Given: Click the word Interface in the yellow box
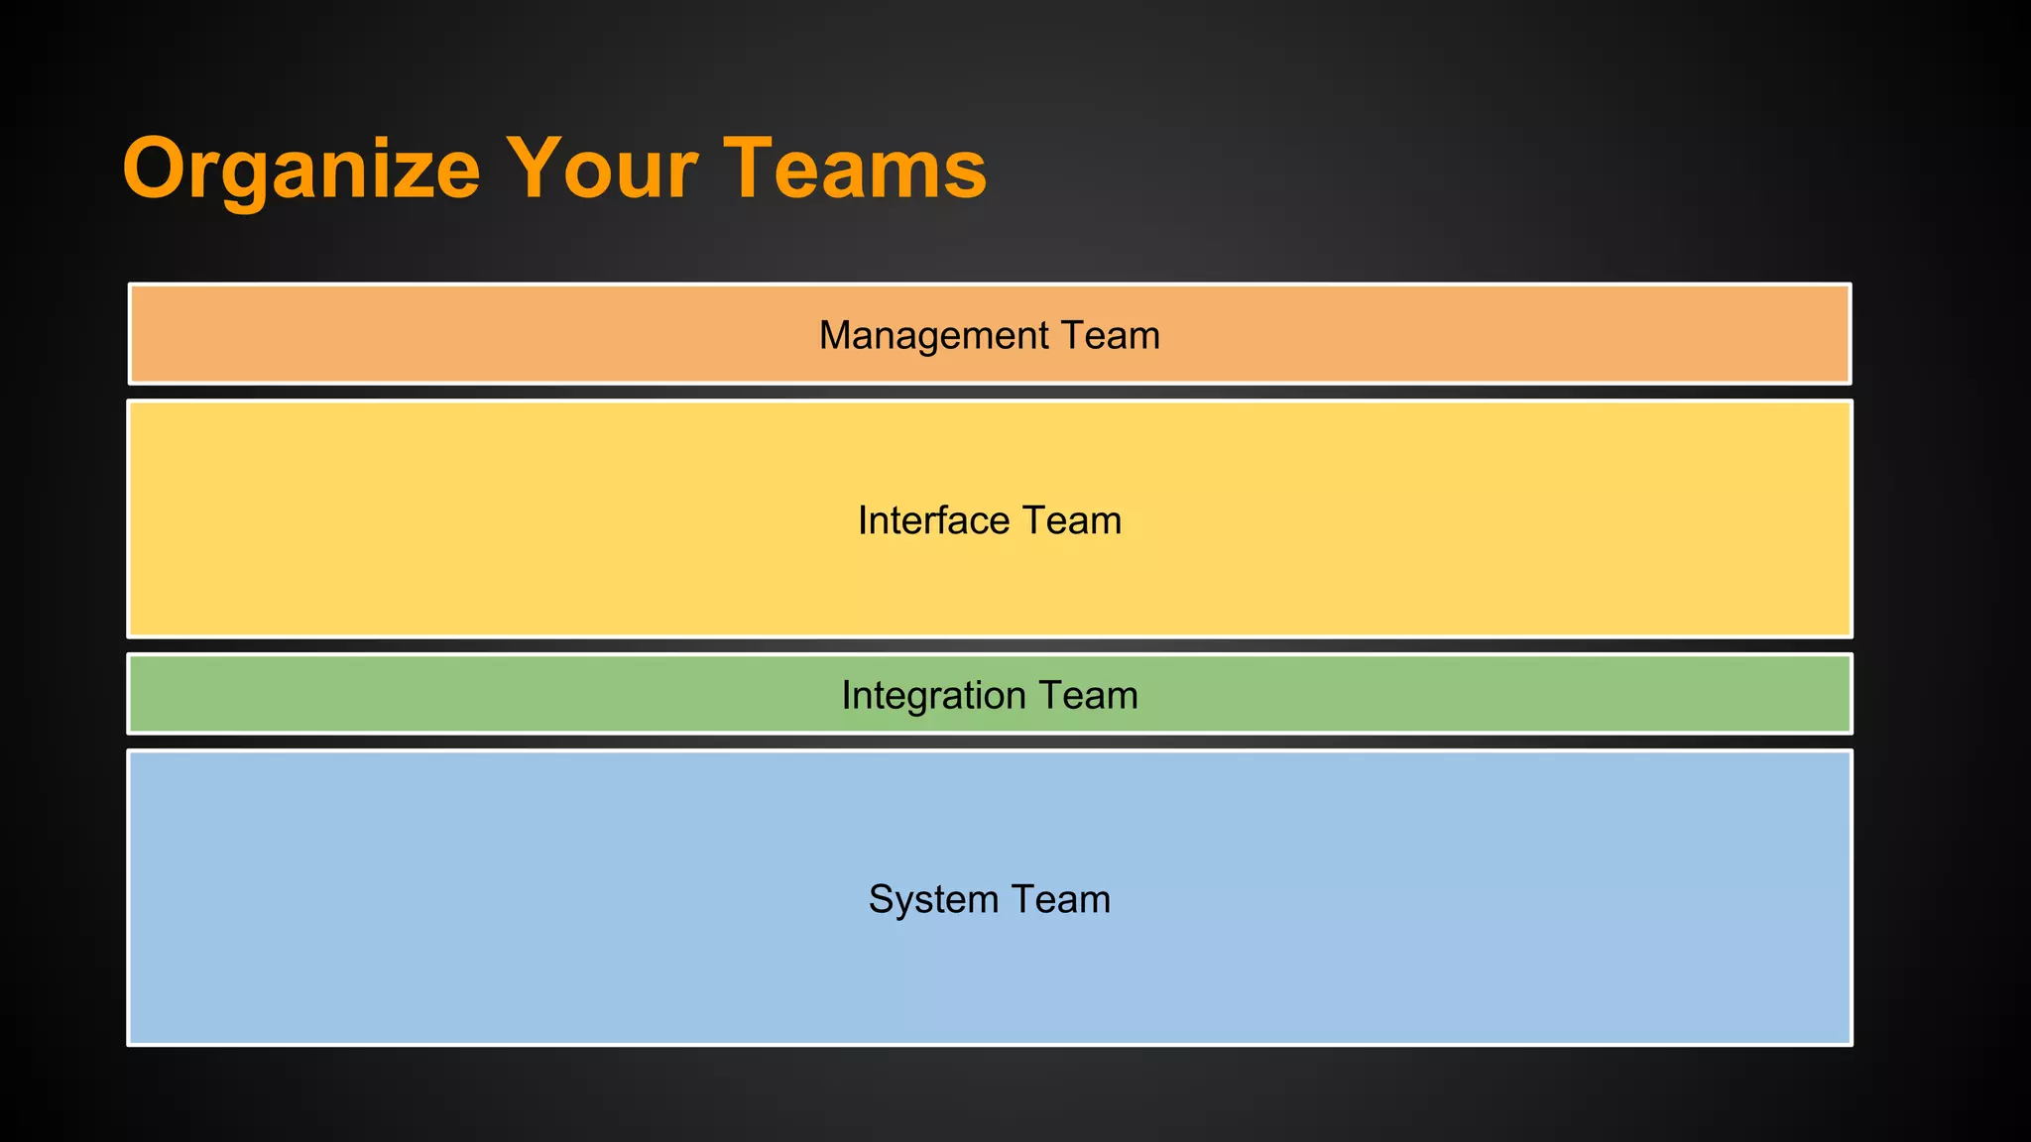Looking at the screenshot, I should [933, 521].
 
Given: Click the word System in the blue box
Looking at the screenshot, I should [933, 900].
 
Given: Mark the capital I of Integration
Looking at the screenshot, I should [846, 696].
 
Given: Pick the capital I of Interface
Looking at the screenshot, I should [863, 521].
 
